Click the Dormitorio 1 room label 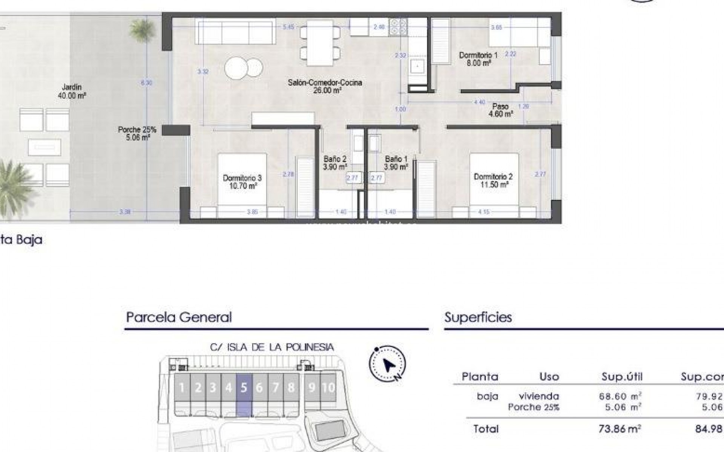478,59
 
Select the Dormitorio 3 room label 242,182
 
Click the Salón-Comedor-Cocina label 325,86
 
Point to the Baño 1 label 396,163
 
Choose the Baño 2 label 335,163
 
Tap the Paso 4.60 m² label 500,110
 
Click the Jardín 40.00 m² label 72,92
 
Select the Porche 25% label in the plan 137,133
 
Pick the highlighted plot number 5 244,387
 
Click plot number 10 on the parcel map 328,387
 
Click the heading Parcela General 179,317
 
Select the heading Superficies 478,317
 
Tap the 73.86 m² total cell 620,429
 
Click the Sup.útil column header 622,376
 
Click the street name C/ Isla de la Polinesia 272,347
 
